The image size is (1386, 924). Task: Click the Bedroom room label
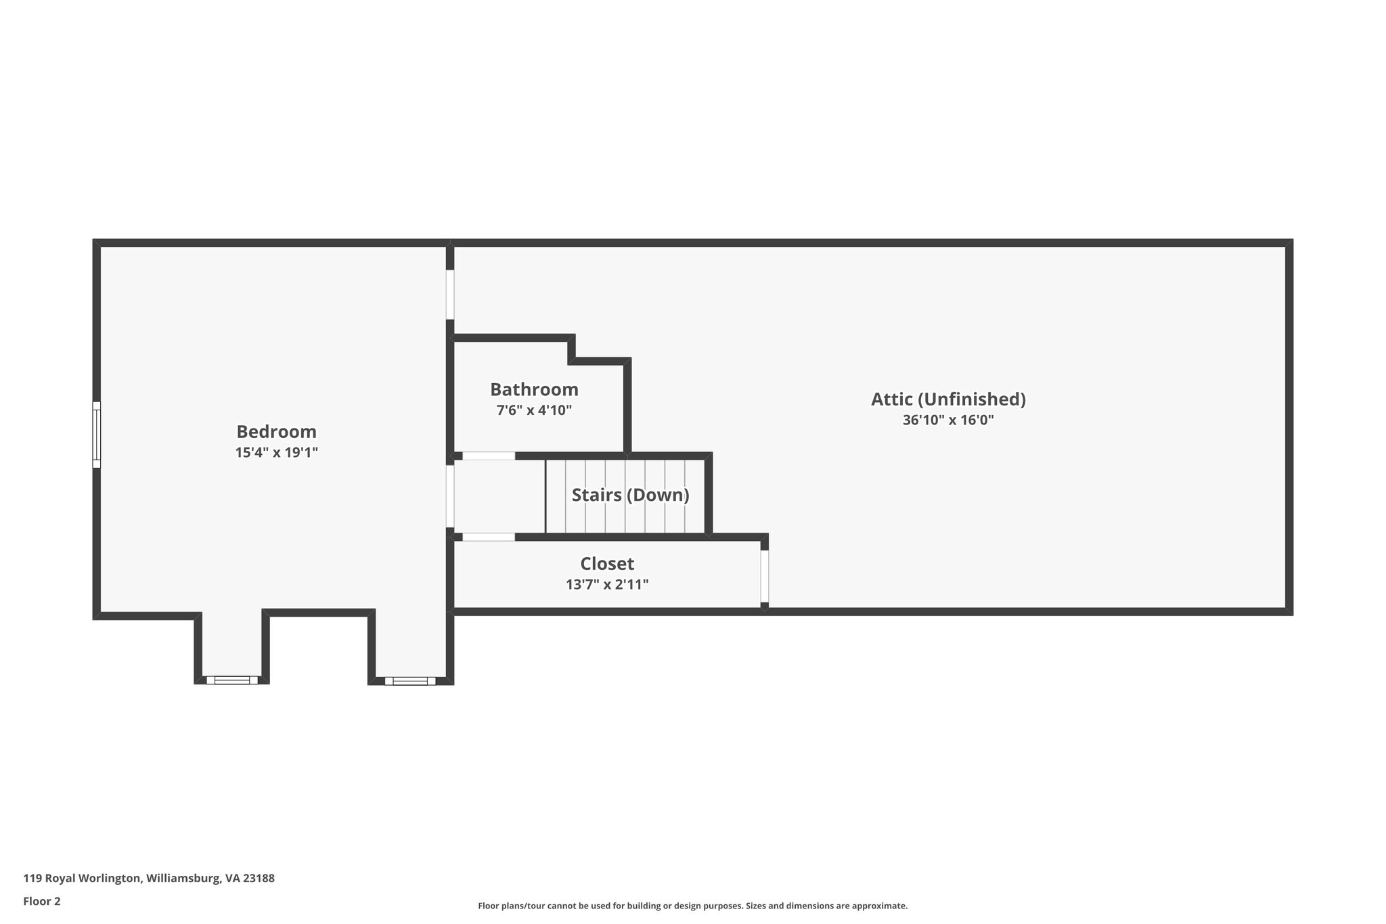point(276,431)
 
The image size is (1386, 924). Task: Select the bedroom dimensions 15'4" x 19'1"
point(276,452)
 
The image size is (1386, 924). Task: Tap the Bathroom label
point(534,389)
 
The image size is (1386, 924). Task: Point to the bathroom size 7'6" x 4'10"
point(534,410)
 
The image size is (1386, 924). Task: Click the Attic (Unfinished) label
point(948,399)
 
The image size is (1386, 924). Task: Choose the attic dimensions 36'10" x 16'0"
point(948,420)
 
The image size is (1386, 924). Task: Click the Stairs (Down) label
point(630,495)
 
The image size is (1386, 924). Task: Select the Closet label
point(607,563)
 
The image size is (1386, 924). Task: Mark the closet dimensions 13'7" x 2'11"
point(607,584)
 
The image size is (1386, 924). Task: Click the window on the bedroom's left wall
point(97,435)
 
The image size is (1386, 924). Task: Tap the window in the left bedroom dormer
point(232,680)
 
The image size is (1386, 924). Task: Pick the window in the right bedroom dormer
point(410,680)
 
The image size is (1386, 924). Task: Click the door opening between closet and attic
point(765,576)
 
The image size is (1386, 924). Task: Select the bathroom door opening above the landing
point(489,456)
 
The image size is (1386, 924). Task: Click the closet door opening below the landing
point(489,537)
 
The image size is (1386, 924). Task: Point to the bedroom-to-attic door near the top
point(450,294)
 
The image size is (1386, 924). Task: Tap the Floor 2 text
point(42,901)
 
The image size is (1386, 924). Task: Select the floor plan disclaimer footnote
point(692,906)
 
